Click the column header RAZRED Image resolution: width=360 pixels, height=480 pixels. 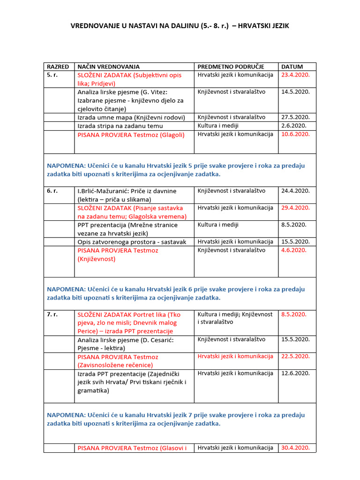point(58,67)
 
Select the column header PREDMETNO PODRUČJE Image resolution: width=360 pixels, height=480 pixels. point(231,67)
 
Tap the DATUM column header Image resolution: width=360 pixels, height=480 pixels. point(292,67)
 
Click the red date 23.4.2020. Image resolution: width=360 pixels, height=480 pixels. point(295,75)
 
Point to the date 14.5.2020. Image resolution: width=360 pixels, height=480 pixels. point(295,92)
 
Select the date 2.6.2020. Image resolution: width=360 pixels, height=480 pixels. point(294,126)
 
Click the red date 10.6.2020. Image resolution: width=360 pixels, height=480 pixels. point(295,134)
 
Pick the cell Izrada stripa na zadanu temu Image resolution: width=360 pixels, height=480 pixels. point(120,126)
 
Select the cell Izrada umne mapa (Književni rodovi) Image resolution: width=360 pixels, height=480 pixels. point(131,117)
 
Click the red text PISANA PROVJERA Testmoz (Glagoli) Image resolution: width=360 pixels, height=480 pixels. point(131,135)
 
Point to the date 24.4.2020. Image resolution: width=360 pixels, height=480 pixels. point(295,191)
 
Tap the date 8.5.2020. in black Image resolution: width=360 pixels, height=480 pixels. point(294,225)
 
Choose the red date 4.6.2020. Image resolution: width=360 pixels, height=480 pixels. point(294,250)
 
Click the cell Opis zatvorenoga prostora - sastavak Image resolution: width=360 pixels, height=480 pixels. point(132,242)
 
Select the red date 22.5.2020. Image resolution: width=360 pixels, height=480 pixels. point(295,356)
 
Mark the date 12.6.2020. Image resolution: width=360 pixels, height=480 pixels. point(295,373)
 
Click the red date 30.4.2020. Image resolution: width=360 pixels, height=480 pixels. point(295,448)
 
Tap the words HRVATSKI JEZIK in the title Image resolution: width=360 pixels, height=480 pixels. point(263,26)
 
